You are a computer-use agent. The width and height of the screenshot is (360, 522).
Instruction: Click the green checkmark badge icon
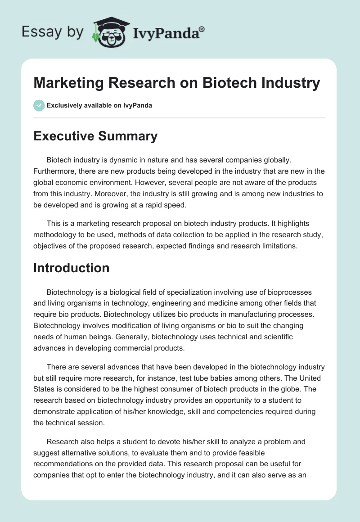(x=39, y=105)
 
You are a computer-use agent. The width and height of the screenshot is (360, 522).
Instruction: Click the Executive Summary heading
(x=95, y=136)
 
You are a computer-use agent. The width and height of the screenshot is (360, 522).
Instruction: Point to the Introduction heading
(x=72, y=268)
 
